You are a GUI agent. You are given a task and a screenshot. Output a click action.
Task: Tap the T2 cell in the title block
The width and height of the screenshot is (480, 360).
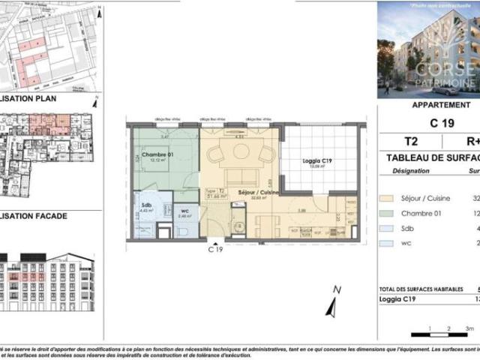410,141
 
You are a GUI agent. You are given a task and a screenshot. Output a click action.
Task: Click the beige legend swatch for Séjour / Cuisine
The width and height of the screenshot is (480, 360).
387,199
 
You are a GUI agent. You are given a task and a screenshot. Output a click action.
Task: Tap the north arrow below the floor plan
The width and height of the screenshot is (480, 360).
331,301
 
